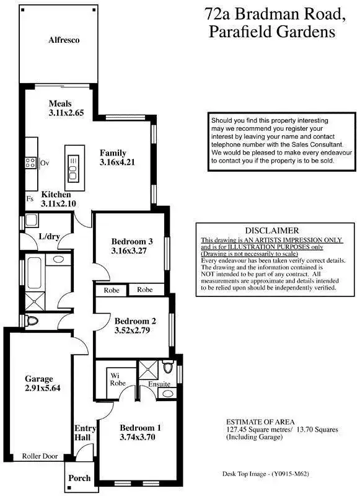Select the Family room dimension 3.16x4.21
click(x=116, y=162)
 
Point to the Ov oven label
click(x=45, y=162)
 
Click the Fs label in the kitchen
click(x=30, y=198)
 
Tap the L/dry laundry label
click(x=48, y=237)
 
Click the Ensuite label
click(x=159, y=384)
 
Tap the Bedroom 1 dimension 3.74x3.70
click(x=140, y=437)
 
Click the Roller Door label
click(x=40, y=456)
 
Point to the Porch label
click(x=79, y=478)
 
